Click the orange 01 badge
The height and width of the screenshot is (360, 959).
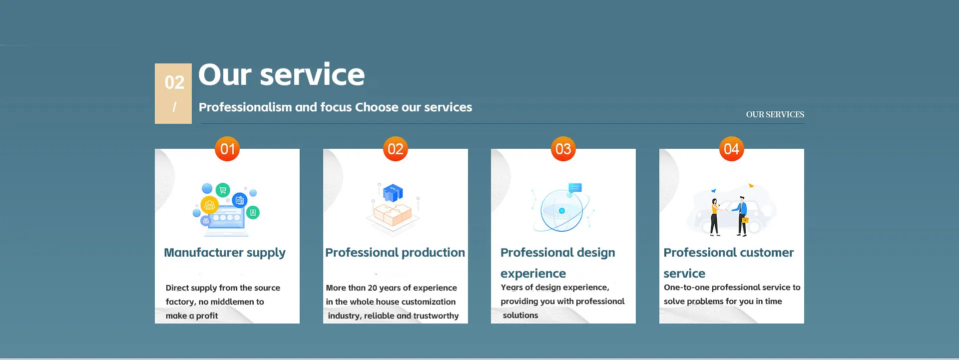click(x=227, y=149)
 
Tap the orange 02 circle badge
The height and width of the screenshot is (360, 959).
click(x=396, y=149)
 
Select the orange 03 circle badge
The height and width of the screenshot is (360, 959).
click(x=563, y=149)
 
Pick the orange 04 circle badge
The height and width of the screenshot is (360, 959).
click(x=732, y=149)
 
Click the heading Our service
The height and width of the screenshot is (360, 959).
click(x=282, y=75)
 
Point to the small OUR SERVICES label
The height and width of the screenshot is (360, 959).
click(x=775, y=114)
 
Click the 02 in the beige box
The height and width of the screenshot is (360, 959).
click(x=174, y=82)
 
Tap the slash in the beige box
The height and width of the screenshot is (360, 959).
click(x=174, y=107)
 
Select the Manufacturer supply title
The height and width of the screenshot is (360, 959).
click(x=225, y=253)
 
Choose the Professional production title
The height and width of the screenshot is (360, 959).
click(x=395, y=253)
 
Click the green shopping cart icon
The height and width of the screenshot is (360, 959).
click(x=223, y=190)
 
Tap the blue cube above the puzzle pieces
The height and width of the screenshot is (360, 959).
click(x=393, y=193)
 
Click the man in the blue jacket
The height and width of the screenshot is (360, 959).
click(x=742, y=216)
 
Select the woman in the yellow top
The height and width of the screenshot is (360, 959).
click(x=715, y=217)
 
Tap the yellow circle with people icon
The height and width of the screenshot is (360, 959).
click(x=209, y=205)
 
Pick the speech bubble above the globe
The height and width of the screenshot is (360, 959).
click(x=575, y=188)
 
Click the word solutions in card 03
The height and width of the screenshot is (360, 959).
click(x=520, y=316)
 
